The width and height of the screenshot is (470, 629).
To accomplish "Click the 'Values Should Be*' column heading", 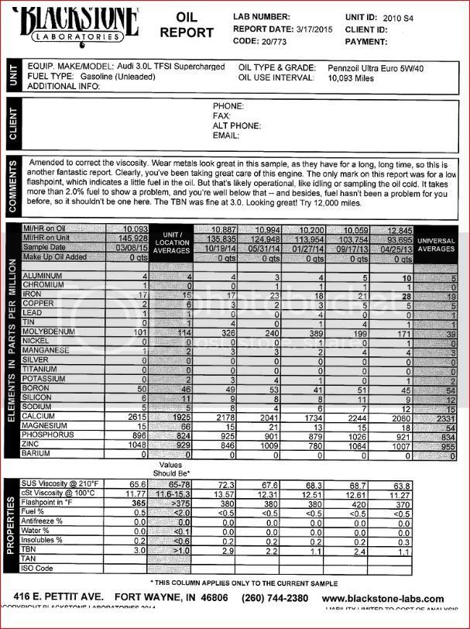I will click(x=177, y=468).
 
